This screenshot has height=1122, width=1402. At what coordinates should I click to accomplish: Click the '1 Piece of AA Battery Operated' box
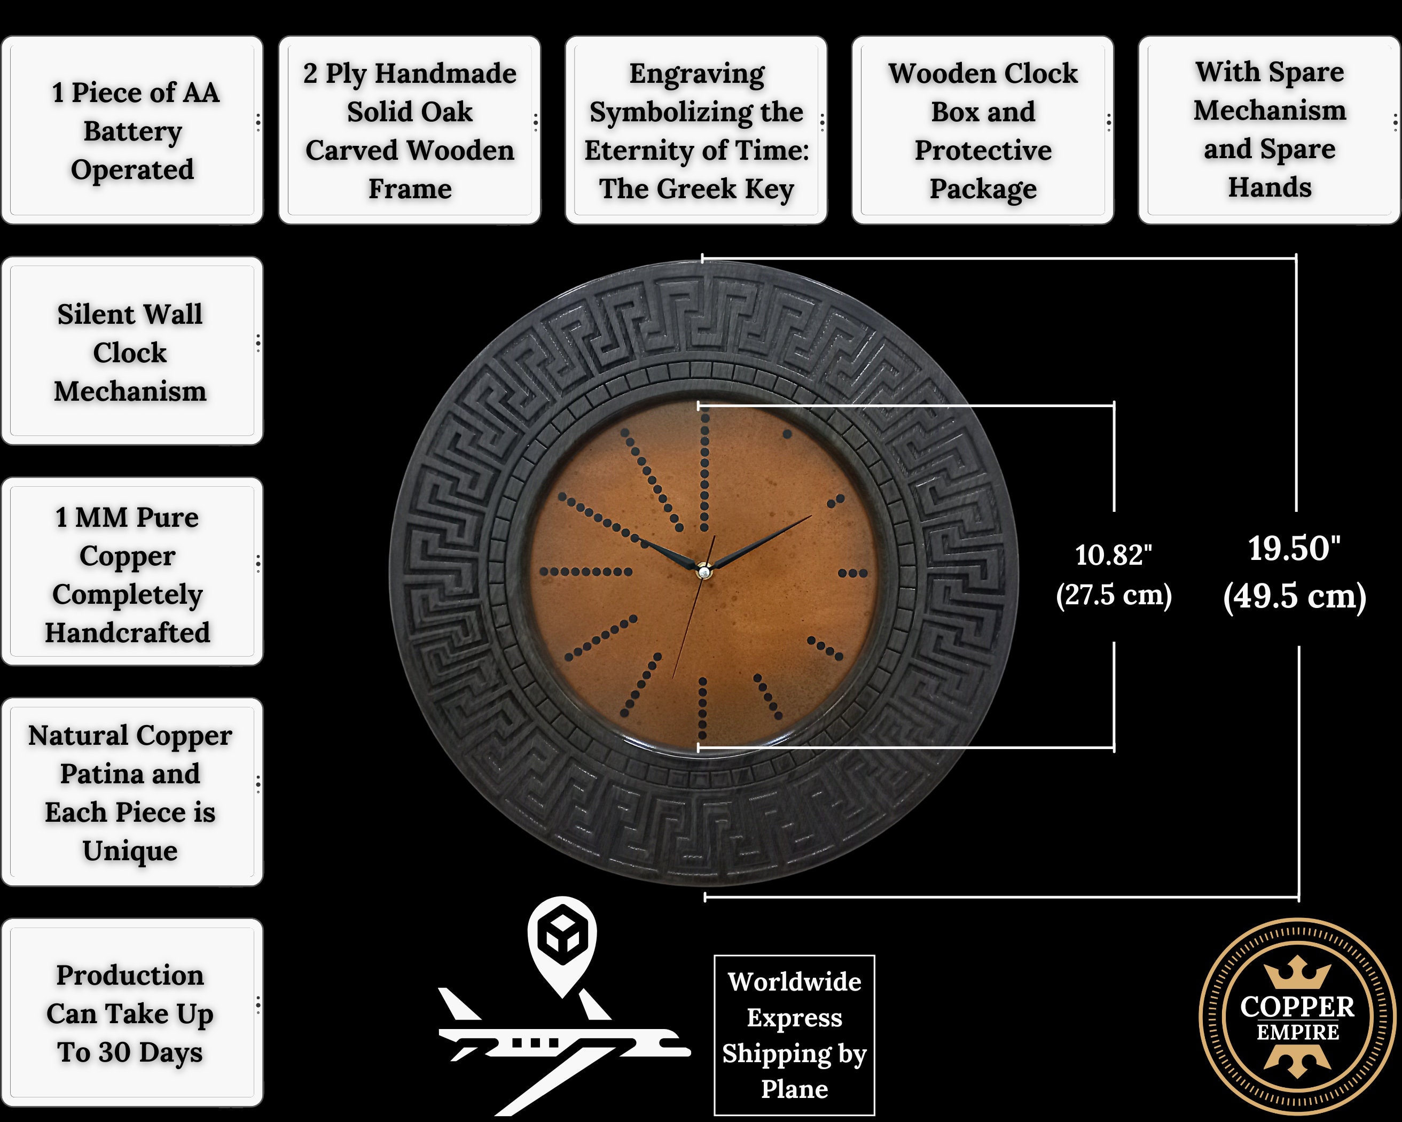click(132, 130)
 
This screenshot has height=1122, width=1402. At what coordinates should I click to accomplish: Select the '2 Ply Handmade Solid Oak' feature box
click(410, 130)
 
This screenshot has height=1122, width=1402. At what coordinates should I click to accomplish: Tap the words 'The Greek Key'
click(696, 189)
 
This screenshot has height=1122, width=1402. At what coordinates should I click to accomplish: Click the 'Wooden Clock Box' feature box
click(983, 130)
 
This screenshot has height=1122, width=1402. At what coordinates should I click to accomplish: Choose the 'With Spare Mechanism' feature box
click(1270, 130)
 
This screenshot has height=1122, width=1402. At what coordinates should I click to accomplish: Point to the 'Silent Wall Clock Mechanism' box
click(132, 351)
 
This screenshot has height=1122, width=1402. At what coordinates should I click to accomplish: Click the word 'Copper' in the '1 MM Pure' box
click(128, 556)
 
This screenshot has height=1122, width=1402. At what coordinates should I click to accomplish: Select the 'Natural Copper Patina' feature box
click(132, 792)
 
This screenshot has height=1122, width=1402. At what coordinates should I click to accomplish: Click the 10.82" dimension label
click(1113, 555)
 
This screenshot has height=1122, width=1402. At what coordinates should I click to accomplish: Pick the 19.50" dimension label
click(1294, 548)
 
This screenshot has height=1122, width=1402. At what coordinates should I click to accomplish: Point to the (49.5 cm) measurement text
click(1295, 596)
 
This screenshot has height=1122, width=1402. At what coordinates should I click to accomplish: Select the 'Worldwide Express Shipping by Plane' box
click(794, 1035)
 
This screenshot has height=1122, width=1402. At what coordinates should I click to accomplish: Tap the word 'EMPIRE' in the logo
click(1298, 1032)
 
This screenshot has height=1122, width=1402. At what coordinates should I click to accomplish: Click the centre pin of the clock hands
click(703, 572)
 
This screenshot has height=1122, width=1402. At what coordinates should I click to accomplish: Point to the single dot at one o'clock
click(787, 434)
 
